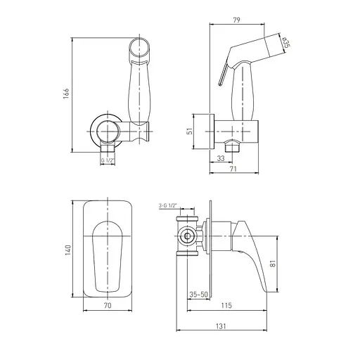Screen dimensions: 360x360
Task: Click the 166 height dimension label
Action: (x=66, y=94)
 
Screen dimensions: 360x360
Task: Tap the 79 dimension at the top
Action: (x=237, y=20)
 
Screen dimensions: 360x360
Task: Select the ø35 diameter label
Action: (x=285, y=43)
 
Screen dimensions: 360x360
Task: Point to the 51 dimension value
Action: (x=191, y=131)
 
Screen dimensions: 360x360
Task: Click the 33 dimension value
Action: (x=221, y=158)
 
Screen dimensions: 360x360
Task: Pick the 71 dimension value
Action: (x=233, y=169)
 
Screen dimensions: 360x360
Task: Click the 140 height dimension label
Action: (x=68, y=250)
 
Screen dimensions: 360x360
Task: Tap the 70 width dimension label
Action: (x=108, y=305)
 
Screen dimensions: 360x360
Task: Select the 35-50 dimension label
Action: (x=199, y=295)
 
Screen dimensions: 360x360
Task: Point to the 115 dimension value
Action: (x=226, y=305)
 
